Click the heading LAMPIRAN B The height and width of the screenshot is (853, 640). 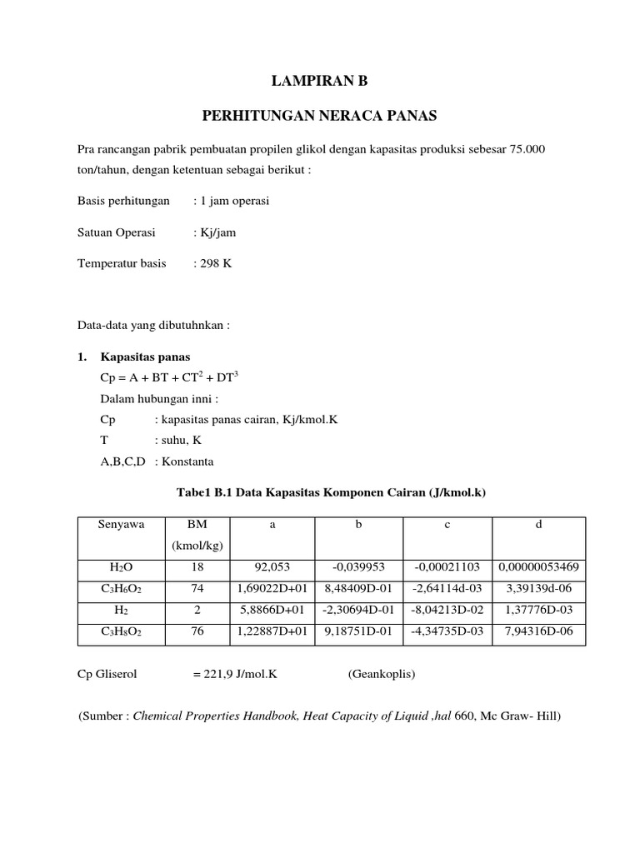click(319, 81)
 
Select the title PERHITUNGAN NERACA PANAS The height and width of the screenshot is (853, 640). click(320, 116)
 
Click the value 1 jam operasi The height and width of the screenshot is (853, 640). click(231, 201)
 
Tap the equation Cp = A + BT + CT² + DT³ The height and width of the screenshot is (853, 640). click(169, 377)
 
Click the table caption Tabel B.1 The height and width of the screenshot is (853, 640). click(331, 493)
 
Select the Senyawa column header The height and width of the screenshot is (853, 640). click(121, 525)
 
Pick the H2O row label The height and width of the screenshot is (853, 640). click(121, 567)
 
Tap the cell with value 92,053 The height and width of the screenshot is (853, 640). click(273, 567)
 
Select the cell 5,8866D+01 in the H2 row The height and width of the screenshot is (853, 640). click(273, 611)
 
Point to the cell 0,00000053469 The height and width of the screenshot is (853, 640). click(538, 567)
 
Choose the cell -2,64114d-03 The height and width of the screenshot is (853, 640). click(447, 589)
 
